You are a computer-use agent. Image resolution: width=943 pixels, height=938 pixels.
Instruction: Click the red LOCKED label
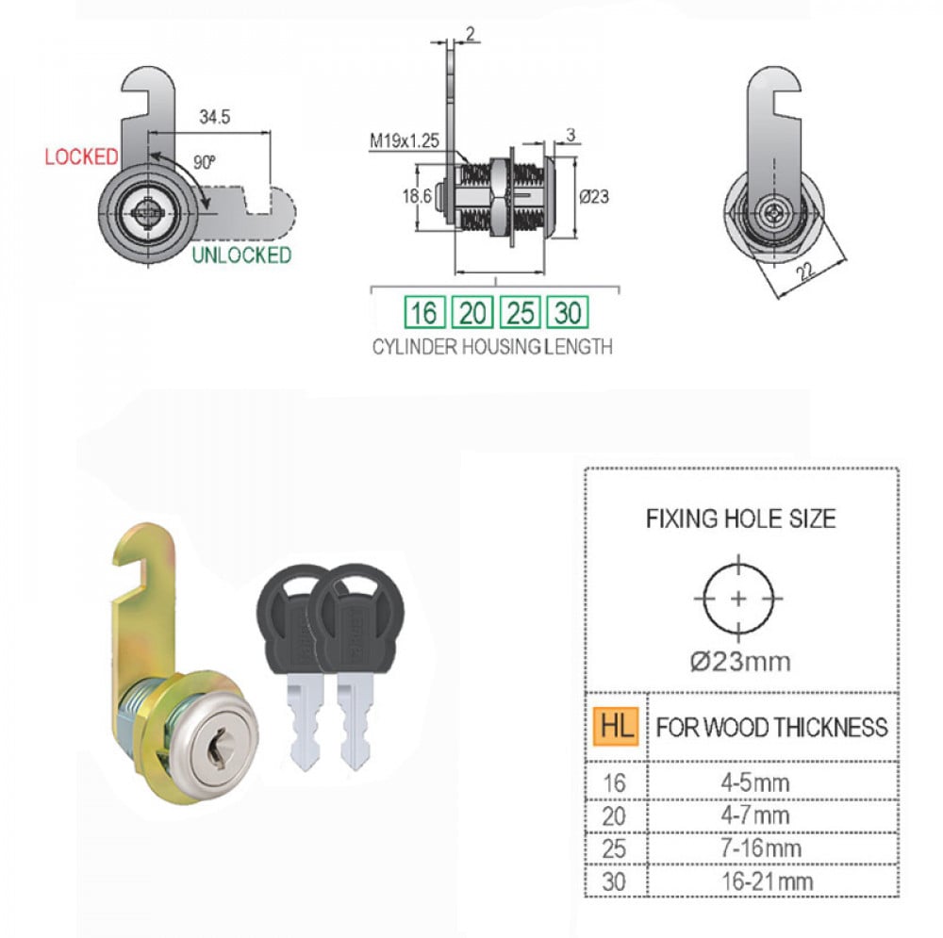click(x=82, y=156)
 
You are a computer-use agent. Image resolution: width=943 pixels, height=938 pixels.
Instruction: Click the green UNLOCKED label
click(x=241, y=255)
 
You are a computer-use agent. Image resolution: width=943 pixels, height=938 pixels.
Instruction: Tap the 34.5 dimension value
click(x=215, y=117)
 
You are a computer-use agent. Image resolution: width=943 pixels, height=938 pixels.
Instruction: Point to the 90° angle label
click(x=205, y=162)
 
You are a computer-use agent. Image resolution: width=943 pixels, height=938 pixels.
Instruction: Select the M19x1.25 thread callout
click(x=405, y=141)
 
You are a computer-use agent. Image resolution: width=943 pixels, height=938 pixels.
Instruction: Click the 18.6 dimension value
click(x=417, y=196)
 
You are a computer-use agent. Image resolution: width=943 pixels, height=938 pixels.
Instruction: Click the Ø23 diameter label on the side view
click(x=594, y=197)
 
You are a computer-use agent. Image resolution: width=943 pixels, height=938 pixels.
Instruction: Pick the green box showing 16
click(x=424, y=313)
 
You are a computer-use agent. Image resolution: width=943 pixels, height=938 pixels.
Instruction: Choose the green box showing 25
click(x=521, y=313)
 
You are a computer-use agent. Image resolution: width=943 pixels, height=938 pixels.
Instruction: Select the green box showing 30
click(x=568, y=313)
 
